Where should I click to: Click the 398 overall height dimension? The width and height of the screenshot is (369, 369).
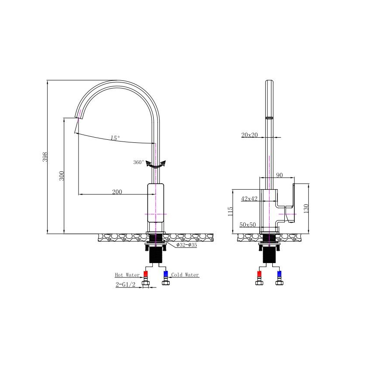[44, 157]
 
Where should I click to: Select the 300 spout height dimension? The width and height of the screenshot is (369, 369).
[62, 176]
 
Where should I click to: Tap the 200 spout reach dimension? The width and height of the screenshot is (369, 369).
[117, 192]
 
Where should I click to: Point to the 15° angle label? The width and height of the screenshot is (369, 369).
[115, 138]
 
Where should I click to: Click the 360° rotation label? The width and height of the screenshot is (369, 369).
[138, 162]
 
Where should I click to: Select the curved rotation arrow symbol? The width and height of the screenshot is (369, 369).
[156, 165]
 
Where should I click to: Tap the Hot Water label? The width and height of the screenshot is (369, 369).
[127, 275]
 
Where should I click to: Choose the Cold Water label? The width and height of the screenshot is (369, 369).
[185, 275]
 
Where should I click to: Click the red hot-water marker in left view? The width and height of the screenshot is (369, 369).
[146, 274]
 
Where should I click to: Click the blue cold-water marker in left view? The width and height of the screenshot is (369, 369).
[165, 274]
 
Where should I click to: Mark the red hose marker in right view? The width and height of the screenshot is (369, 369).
[260, 274]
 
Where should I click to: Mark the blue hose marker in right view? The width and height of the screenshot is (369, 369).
[279, 274]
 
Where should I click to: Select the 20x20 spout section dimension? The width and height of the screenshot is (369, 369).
[250, 135]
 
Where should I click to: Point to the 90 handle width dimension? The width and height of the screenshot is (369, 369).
[279, 175]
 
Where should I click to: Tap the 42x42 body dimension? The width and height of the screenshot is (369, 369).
[250, 198]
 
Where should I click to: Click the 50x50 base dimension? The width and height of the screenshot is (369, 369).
[248, 224]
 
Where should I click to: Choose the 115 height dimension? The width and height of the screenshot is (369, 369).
[231, 211]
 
